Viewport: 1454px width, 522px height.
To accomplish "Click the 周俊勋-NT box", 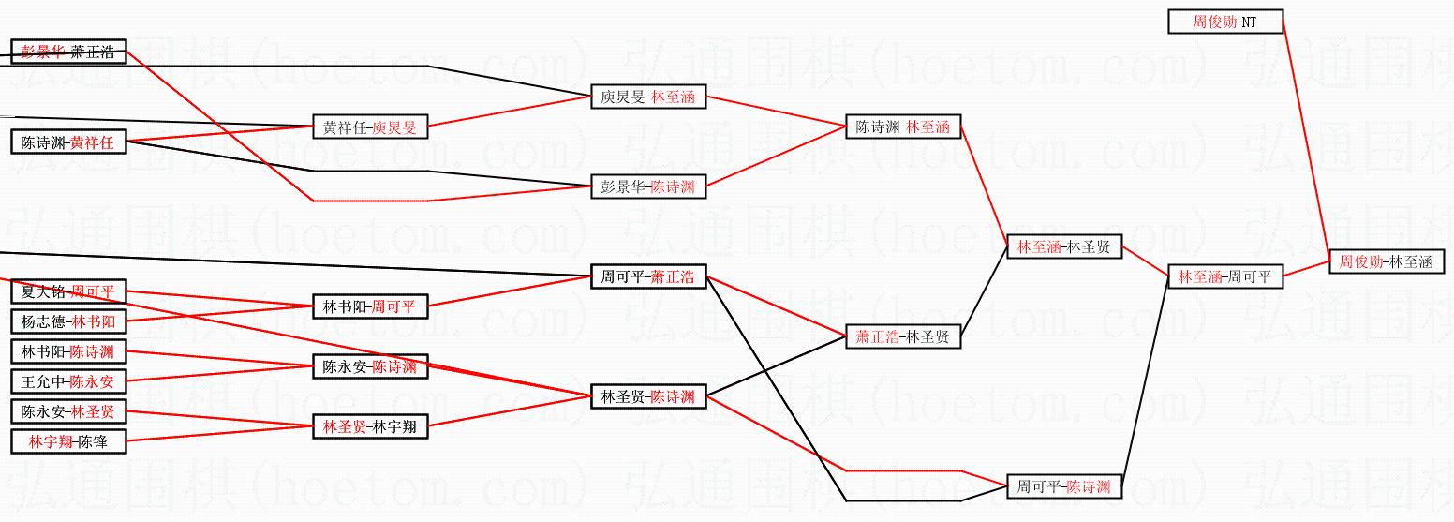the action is (x=1225, y=22).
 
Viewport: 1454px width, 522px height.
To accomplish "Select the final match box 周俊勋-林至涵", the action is (x=1386, y=262).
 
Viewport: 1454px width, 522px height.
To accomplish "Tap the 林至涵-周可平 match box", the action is (x=1225, y=276).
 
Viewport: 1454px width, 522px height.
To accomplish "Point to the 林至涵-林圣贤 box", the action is (x=1064, y=246).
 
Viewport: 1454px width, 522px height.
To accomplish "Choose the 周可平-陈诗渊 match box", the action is (x=1064, y=486).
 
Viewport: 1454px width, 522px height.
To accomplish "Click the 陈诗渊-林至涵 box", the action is (x=903, y=127).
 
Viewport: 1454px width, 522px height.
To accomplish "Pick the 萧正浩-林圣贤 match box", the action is (x=903, y=336).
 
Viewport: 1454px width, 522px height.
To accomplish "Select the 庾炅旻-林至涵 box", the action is (x=648, y=97).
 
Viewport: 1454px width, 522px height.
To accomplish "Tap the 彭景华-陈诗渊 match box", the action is (x=648, y=186).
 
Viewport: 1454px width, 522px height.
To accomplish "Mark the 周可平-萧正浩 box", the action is (x=648, y=276).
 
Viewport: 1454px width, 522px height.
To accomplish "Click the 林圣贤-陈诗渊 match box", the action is (x=648, y=396).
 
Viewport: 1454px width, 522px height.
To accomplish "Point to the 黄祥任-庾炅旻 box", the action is (x=370, y=127).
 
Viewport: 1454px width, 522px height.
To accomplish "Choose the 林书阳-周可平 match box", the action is (x=370, y=306).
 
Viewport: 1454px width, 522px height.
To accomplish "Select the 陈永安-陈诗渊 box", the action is (x=370, y=366).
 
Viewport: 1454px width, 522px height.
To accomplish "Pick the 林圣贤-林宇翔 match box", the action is (x=370, y=426).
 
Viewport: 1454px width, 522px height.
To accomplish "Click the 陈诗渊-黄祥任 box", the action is (x=68, y=142).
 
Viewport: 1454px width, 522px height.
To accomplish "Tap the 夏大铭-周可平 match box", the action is (x=68, y=292).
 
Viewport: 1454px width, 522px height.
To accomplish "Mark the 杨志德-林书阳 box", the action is (x=68, y=321).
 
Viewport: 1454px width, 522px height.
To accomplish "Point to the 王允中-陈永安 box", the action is (x=68, y=381).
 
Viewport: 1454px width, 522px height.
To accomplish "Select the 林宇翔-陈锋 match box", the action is (x=68, y=441).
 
